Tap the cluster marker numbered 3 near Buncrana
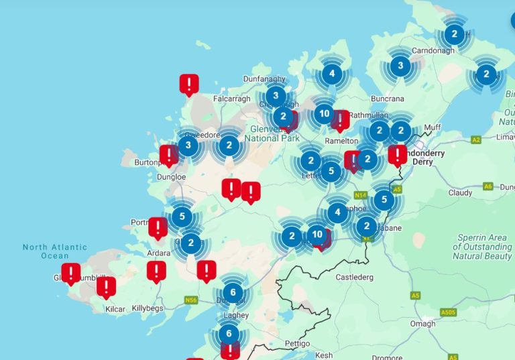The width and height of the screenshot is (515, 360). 400,66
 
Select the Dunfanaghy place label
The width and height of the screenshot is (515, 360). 264,78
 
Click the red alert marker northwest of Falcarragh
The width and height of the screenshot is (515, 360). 189,84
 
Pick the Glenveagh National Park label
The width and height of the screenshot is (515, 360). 272,133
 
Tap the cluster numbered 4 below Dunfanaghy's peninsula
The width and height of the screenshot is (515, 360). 331,74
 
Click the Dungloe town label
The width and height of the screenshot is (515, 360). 171,177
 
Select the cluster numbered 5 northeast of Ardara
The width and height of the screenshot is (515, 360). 182,217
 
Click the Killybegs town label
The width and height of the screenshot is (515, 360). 147,308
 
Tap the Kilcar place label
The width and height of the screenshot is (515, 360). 115,309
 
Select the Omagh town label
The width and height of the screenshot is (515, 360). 422,324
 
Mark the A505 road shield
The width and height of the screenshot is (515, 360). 448,312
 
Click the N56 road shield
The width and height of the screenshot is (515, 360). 191,300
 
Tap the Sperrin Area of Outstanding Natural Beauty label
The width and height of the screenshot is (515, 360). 482,247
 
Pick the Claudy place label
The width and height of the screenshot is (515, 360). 460,192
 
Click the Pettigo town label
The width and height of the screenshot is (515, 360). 296,344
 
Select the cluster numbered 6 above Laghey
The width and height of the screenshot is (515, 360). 233,292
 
